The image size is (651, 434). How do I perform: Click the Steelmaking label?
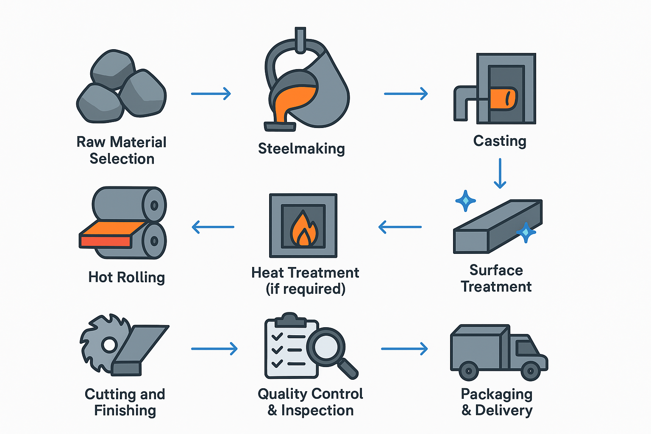[301, 149]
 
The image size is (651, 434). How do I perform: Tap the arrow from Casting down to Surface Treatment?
[500, 173]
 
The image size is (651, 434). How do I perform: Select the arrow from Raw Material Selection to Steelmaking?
[211, 93]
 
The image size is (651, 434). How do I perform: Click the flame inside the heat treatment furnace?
[303, 230]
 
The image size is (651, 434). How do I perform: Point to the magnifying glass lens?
[325, 347]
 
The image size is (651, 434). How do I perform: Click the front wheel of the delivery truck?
[530, 371]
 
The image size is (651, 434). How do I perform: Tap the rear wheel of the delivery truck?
[469, 371]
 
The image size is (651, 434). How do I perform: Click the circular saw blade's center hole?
[109, 345]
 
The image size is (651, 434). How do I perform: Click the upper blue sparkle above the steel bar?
[465, 200]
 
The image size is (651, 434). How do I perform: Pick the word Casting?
[500, 141]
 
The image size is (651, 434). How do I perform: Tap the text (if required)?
[305, 289]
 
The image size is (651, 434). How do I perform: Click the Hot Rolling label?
[126, 277]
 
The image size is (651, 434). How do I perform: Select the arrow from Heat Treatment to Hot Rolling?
[213, 227]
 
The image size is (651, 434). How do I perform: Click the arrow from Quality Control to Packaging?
[404, 349]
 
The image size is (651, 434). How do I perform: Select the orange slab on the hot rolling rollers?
[113, 229]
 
